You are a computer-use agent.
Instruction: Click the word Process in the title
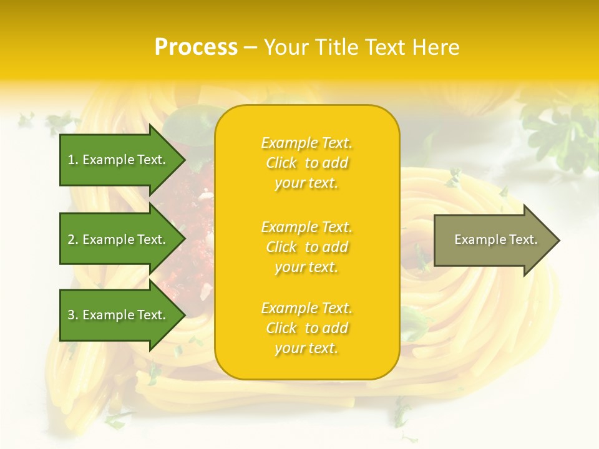196,47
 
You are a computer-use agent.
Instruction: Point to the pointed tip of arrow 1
184,160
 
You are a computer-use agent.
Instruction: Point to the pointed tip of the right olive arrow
558,240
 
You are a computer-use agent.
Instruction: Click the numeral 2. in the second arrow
73,239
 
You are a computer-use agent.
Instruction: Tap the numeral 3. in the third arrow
73,315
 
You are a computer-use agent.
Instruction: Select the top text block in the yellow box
306,163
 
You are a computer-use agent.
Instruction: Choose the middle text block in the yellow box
306,247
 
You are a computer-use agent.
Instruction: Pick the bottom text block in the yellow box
306,328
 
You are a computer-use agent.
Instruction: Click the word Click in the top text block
281,163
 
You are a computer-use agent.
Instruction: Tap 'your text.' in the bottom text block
306,348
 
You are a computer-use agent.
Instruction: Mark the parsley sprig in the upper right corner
562,131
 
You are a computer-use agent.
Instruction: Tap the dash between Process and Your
250,48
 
